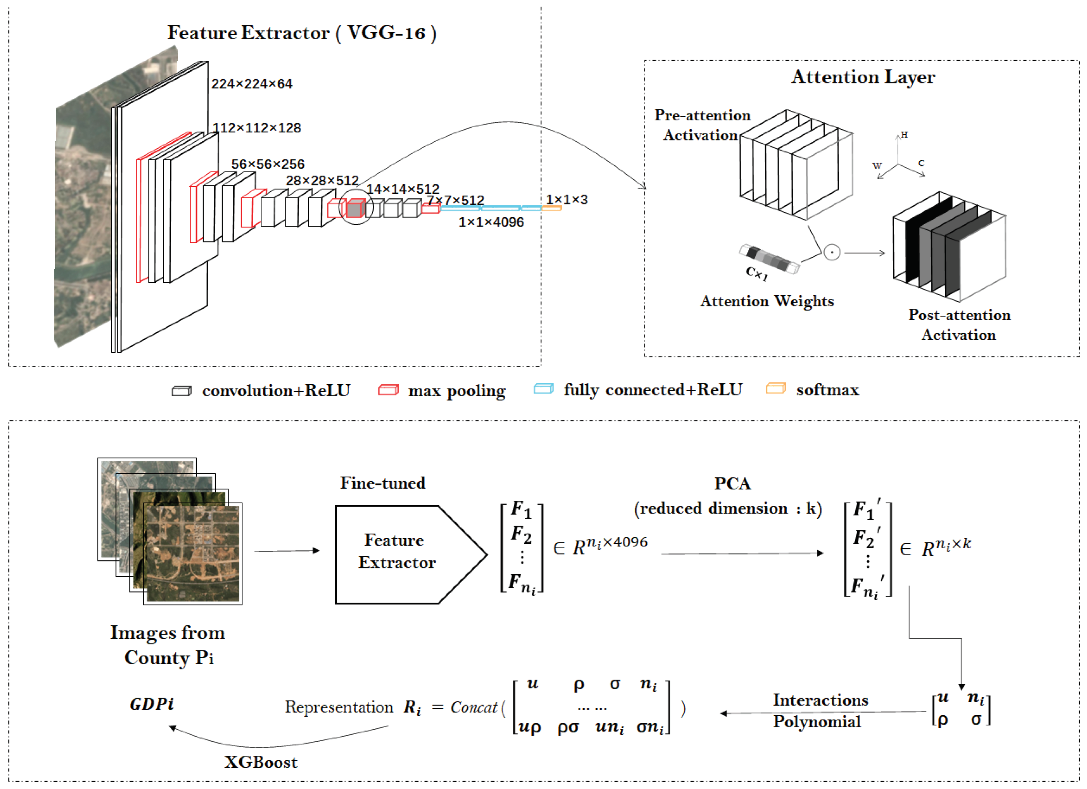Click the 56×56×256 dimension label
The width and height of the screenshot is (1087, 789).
coord(268,164)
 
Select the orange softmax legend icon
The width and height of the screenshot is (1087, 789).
coord(775,389)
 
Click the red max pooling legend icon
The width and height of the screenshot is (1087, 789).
coord(388,390)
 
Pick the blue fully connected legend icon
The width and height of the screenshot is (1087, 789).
coord(543,389)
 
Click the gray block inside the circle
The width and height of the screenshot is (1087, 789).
coord(355,209)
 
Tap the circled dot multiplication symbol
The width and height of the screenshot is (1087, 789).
coord(832,252)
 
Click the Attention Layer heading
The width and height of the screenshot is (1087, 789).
coord(863,77)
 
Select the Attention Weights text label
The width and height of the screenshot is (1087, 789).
coord(767,301)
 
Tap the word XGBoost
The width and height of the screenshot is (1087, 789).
coord(261,762)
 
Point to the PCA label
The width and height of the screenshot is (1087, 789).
coord(732,484)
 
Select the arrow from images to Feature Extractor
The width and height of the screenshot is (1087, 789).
coord(287,551)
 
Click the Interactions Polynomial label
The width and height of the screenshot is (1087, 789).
coord(820,711)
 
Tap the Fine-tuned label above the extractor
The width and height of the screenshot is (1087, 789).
coord(382,483)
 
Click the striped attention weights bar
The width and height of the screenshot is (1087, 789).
coord(769,259)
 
